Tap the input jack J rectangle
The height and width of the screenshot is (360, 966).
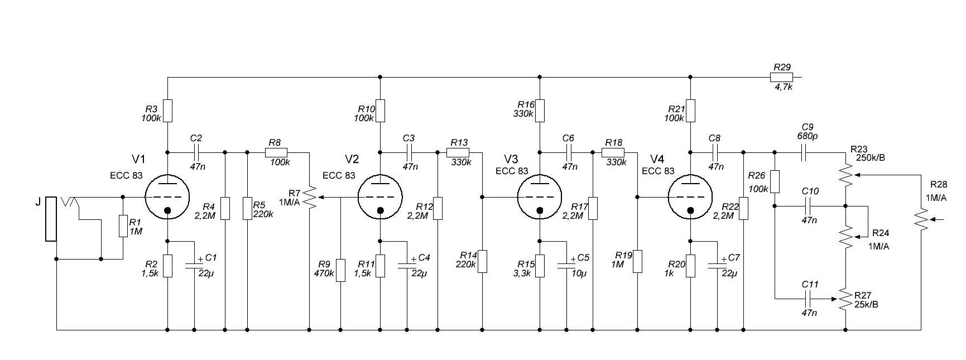click(51, 219)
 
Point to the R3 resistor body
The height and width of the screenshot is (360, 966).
click(168, 111)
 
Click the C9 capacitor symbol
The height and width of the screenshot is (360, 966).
click(804, 152)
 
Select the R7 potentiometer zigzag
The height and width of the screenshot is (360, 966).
click(310, 198)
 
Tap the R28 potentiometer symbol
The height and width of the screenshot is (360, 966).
click(921, 219)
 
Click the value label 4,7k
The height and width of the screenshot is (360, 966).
click(783, 87)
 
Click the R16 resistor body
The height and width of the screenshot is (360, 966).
click(540, 111)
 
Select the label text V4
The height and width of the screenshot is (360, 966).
click(657, 159)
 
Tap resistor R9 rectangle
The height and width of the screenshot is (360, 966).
click(340, 270)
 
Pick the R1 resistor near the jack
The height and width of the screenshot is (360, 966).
click(123, 227)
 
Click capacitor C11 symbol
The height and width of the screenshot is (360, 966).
click(809, 299)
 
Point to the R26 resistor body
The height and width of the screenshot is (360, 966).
click(775, 181)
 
